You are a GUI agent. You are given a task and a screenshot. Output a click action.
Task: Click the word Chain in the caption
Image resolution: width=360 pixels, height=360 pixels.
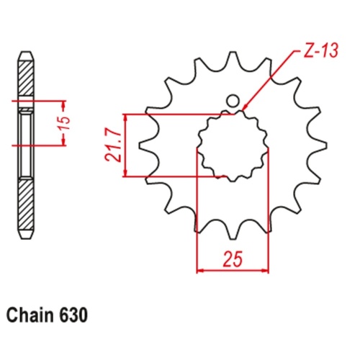[29, 315]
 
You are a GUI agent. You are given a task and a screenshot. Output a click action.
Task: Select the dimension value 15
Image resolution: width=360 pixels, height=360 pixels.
[66, 123]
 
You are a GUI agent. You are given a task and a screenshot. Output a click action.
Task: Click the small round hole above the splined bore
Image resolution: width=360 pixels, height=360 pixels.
[232, 102]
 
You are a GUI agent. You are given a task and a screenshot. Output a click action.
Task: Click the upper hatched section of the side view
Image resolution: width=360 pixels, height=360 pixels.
[23, 79]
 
